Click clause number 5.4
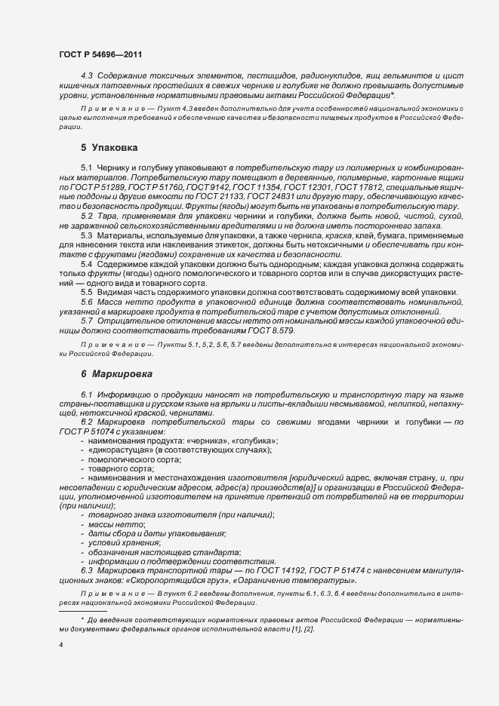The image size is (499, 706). [87, 263]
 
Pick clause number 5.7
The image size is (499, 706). [87, 322]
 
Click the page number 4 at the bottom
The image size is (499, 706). [60, 646]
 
